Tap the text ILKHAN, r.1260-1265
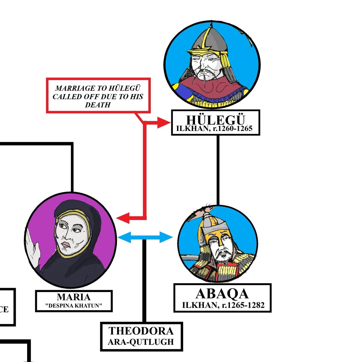click(x=215, y=129)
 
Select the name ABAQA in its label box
click(x=222, y=294)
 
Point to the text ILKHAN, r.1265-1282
click(x=223, y=305)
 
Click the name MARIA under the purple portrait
click(x=74, y=297)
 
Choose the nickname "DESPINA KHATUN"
click(x=74, y=306)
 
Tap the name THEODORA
click(x=141, y=331)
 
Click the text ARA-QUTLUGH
click(x=141, y=342)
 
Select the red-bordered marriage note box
click(x=98, y=96)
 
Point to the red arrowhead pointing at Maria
click(x=123, y=218)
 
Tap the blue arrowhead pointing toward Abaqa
click(x=166, y=237)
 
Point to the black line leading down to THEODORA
click(x=144, y=281)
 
